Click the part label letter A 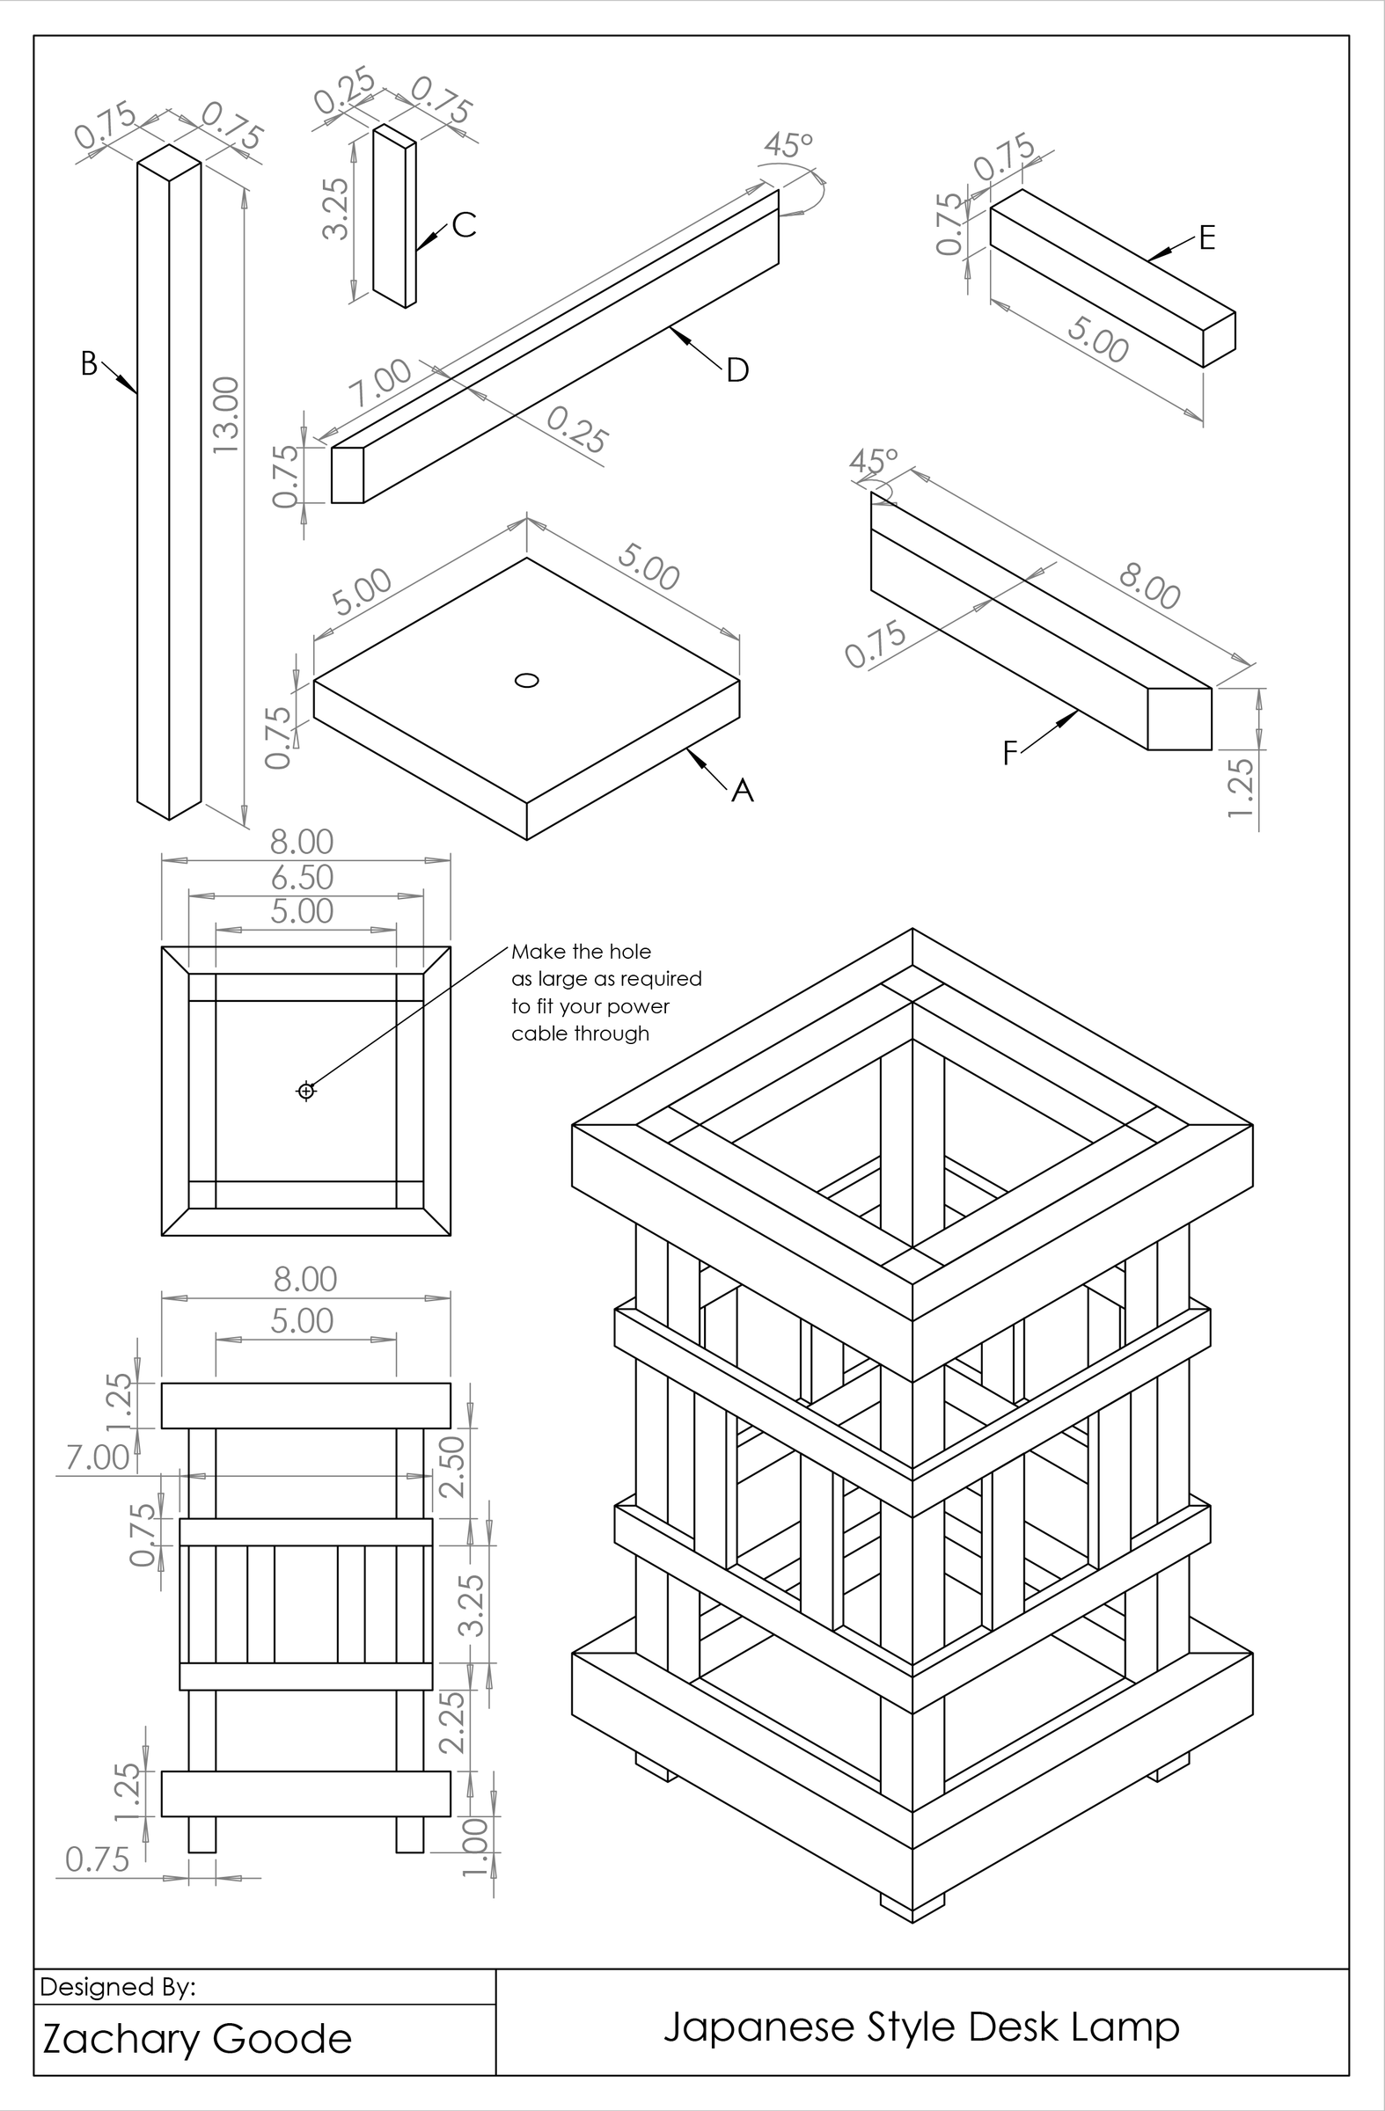tap(742, 790)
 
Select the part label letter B tap(89, 363)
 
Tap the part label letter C tap(464, 225)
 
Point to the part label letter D tap(737, 371)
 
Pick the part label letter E tap(1205, 237)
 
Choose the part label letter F tap(1009, 754)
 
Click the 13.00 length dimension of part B tap(227, 415)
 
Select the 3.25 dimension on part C tap(336, 209)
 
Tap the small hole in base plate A tap(527, 680)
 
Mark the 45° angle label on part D tap(788, 143)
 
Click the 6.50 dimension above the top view tap(303, 877)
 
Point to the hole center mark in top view tap(306, 1090)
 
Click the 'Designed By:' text tap(117, 1988)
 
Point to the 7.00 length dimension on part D tap(380, 383)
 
